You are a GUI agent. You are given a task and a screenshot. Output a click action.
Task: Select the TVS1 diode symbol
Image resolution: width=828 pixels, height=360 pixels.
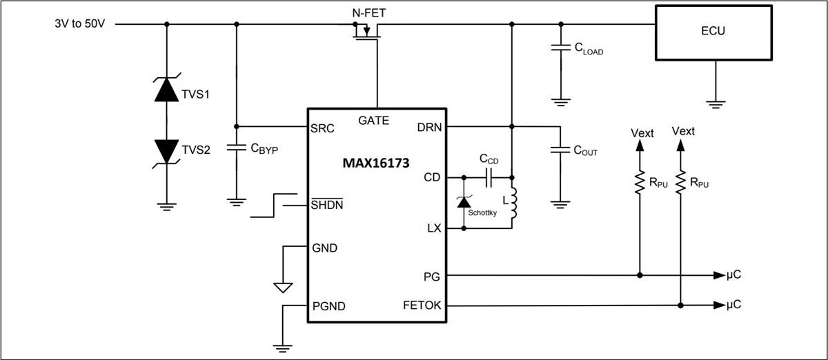[x=166, y=90]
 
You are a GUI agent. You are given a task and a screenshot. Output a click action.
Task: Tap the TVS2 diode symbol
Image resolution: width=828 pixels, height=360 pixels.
[x=166, y=150]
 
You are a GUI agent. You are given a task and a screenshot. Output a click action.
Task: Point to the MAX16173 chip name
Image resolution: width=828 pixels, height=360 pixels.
[x=376, y=164]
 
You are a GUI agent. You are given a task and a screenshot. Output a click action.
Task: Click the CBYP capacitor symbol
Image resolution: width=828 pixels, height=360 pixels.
[x=236, y=147]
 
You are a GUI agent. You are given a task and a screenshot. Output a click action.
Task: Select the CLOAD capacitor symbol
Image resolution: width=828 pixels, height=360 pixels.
[x=559, y=48]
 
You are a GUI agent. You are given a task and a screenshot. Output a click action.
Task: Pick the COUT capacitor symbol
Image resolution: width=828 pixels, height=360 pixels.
[x=559, y=150]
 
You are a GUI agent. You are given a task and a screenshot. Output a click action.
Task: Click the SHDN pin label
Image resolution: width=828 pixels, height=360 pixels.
[x=328, y=205]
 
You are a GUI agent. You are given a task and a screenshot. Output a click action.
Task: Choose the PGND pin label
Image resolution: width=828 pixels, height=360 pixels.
[x=329, y=306]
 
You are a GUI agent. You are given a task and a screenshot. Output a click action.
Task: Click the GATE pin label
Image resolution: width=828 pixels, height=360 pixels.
[x=373, y=120]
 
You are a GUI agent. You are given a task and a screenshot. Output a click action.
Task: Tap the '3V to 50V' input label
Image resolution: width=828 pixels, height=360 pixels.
[x=80, y=23]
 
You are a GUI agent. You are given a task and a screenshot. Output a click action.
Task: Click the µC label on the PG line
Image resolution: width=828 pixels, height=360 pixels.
[x=734, y=275]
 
